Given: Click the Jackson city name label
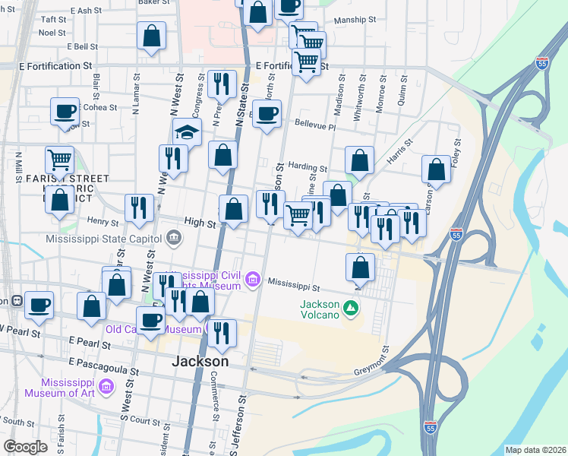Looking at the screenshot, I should (201, 361).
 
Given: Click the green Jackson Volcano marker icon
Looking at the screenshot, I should (350, 308).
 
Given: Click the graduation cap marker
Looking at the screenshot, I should (187, 132).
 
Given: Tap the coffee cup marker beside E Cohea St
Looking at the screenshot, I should (65, 111).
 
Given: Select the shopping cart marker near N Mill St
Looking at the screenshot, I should (59, 160).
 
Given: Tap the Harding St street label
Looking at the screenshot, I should (307, 168).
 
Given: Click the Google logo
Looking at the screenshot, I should (25, 447).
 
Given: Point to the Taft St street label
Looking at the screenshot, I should (54, 20).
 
